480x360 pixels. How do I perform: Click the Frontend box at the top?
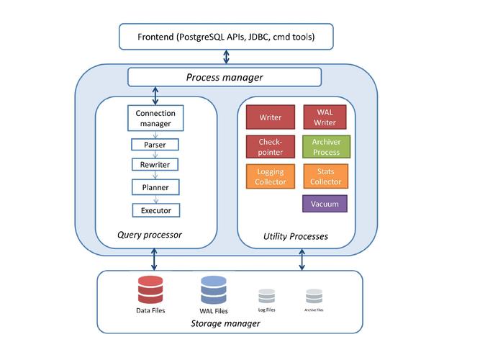227,36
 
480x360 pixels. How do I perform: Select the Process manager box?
225,77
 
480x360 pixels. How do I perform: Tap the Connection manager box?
155,119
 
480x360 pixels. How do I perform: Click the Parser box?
155,145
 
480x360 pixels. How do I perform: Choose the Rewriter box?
155,165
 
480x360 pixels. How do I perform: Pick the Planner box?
155,187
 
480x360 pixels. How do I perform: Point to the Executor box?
155,210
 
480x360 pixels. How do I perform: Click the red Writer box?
271,117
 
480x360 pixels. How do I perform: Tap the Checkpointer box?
271,147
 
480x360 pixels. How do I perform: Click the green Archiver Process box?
325,147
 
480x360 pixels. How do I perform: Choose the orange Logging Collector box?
271,176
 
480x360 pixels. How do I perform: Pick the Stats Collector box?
325,176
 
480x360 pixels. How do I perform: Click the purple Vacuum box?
325,204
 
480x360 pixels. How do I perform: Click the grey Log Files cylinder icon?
267,295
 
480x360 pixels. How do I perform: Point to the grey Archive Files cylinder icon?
313,295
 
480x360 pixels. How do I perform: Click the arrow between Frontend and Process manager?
227,57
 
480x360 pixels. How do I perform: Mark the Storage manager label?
225,323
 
